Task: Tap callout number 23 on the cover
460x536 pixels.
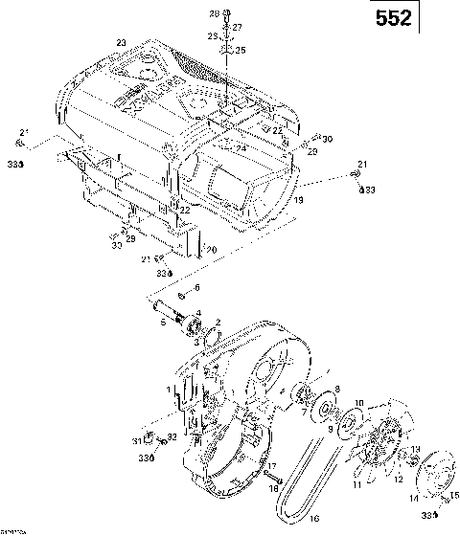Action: pos(121,43)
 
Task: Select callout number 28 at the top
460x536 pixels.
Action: pos(214,13)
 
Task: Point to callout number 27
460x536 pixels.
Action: pos(237,27)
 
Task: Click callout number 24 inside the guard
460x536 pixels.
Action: pos(241,148)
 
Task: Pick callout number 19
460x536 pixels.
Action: pos(298,201)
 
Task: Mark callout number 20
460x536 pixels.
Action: pos(213,251)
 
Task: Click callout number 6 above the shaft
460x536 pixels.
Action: pos(196,287)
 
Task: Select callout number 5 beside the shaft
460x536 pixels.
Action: pos(163,323)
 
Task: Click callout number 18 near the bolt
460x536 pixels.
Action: pos(271,488)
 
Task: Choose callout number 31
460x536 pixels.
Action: pos(137,439)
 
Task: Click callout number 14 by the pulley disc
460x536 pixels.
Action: pos(414,499)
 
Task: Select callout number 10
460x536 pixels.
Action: pos(358,403)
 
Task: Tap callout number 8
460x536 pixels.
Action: pos(336,388)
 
